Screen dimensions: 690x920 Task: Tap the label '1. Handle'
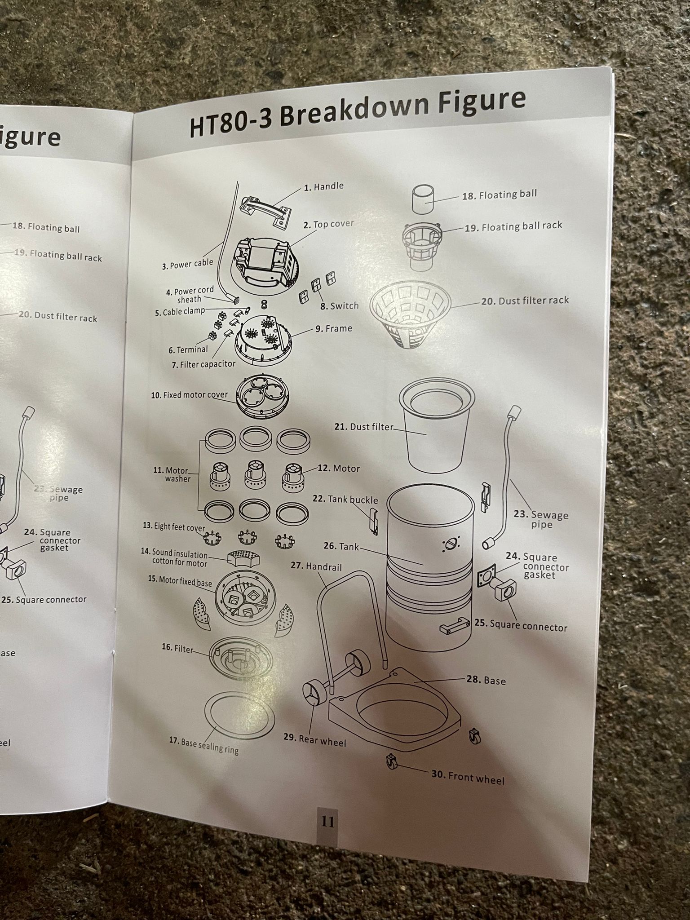[x=323, y=186]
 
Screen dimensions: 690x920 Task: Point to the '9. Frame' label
[x=333, y=329]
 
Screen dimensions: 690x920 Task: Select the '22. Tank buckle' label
[x=345, y=500]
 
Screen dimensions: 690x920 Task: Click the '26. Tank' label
[x=341, y=547]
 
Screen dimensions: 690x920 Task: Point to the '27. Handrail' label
[x=316, y=567]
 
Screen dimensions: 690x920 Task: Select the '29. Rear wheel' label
[x=315, y=740]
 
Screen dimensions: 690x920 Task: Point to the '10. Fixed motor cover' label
[x=189, y=395]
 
